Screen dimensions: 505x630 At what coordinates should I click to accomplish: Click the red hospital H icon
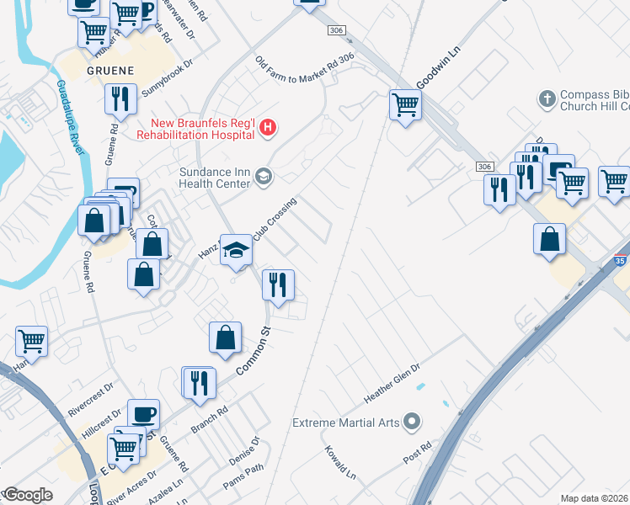[x=268, y=128]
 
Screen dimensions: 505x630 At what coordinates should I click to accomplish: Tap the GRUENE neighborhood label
[x=108, y=72]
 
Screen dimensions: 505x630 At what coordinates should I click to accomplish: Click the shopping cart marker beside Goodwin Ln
[x=405, y=106]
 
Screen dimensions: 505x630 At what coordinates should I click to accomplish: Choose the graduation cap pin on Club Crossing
[x=237, y=249]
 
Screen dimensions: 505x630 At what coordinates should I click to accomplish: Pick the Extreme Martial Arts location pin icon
[x=411, y=421]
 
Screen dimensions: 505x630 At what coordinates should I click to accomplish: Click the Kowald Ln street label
[x=340, y=463]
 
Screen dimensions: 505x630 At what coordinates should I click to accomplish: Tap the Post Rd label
[x=417, y=451]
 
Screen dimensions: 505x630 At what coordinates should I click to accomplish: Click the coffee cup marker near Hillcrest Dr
[x=143, y=414]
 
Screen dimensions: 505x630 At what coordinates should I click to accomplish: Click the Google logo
[x=29, y=495]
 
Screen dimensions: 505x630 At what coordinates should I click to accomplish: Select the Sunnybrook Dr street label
[x=167, y=75]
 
